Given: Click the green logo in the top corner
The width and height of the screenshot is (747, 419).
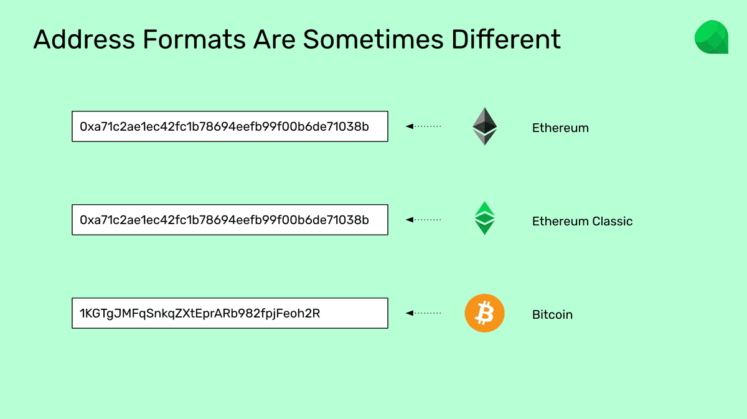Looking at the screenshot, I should pyautogui.click(x=712, y=37).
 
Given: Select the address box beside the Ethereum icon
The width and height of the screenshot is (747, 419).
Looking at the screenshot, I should pyautogui.click(x=230, y=126).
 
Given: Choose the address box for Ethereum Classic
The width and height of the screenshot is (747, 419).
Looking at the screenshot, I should pyautogui.click(x=230, y=220).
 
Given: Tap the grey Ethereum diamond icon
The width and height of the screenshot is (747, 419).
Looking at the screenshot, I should pyautogui.click(x=484, y=126).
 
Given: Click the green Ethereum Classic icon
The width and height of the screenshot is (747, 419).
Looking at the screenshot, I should pyautogui.click(x=484, y=218).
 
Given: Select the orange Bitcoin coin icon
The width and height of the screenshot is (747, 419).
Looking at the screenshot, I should pyautogui.click(x=484, y=313).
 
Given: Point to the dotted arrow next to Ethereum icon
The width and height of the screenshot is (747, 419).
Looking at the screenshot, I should pyautogui.click(x=423, y=126).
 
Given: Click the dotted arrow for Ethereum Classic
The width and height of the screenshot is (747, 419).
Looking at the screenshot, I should pyautogui.click(x=423, y=220).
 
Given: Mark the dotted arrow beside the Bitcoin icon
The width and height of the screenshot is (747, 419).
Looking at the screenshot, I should pyautogui.click(x=423, y=313).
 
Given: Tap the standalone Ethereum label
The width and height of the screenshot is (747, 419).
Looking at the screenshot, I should pyautogui.click(x=560, y=128).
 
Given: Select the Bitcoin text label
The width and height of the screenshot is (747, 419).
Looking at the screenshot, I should pyautogui.click(x=552, y=315).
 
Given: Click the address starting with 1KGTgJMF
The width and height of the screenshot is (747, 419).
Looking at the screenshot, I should pyautogui.click(x=200, y=314).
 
